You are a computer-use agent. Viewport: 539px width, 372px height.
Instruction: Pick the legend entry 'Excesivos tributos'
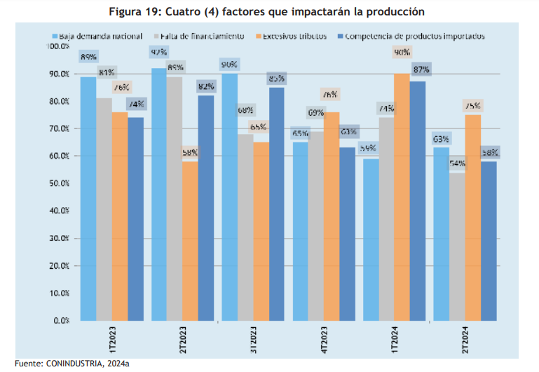click(295, 36)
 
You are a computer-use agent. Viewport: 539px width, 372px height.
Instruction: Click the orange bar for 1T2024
click(402, 197)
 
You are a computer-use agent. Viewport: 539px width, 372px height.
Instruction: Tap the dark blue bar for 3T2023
click(276, 204)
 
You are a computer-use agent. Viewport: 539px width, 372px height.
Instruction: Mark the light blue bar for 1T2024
click(371, 239)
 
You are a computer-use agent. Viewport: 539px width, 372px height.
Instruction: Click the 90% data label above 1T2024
click(402, 53)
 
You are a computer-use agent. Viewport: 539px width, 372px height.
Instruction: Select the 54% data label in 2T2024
click(457, 164)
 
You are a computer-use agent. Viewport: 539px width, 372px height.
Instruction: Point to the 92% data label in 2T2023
click(159, 53)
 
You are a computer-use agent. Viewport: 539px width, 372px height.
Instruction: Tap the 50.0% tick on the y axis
click(58, 183)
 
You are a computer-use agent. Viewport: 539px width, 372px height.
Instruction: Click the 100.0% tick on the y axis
click(57, 46)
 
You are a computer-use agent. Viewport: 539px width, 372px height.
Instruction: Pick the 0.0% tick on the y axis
click(60, 321)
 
